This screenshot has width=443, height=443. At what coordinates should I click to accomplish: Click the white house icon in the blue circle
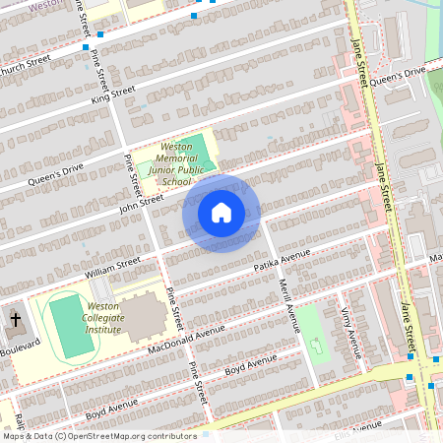coord(221,213)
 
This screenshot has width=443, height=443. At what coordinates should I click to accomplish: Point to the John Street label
coord(141,201)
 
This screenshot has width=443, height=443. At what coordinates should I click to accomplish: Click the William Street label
coord(114,266)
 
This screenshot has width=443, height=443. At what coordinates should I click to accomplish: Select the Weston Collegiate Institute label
coord(103,318)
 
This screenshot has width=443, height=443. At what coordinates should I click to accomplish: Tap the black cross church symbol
coord(15,319)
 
